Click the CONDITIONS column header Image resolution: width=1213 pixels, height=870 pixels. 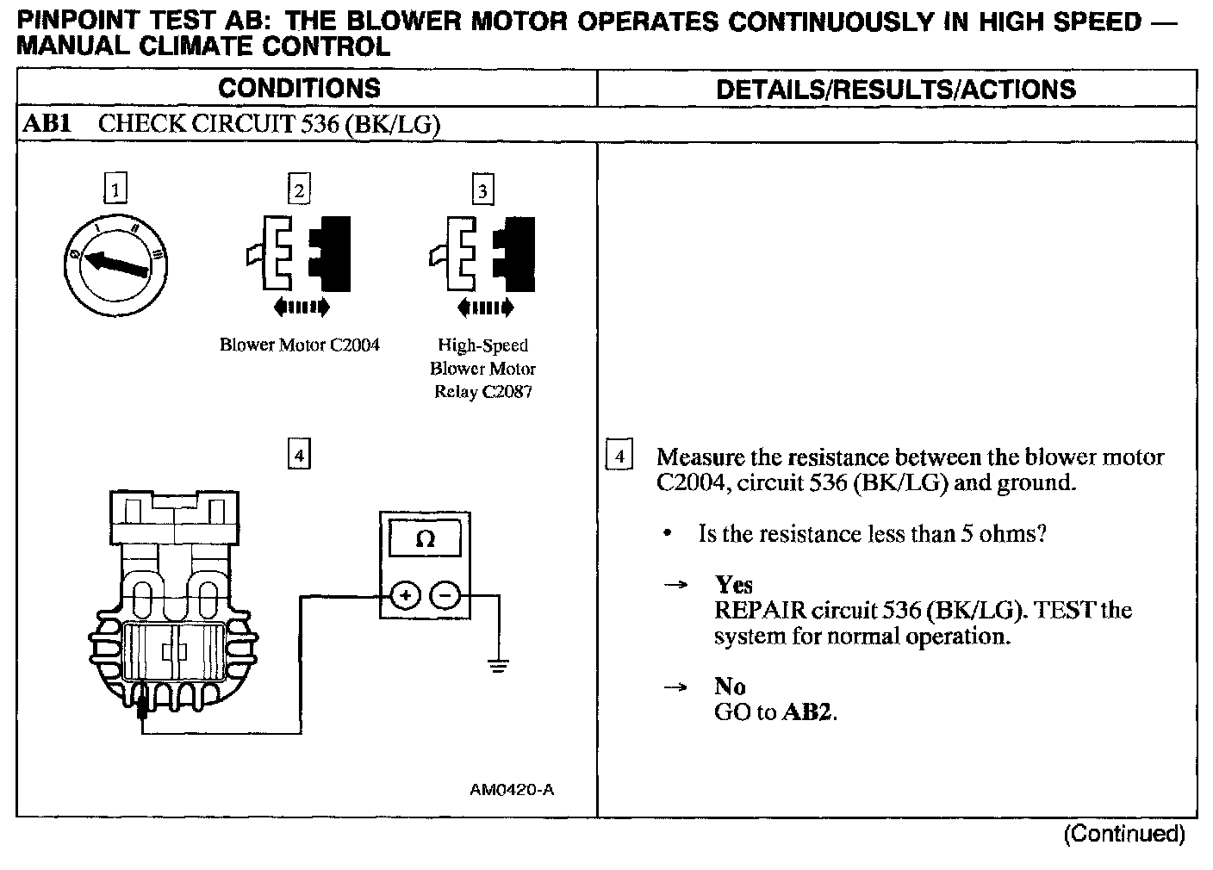click(299, 88)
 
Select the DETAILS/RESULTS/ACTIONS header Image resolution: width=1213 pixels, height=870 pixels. click(896, 89)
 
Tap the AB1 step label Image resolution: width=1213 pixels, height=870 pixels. click(47, 124)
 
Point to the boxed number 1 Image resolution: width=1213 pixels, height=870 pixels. click(115, 189)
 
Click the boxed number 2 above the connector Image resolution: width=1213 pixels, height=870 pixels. click(299, 190)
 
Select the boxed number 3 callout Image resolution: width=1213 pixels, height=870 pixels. click(482, 190)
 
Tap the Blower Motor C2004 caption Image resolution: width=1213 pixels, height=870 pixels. click(299, 345)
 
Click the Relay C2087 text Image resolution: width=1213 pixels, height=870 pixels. click(483, 392)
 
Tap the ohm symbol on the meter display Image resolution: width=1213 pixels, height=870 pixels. click(425, 539)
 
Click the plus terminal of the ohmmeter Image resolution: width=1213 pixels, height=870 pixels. click(406, 595)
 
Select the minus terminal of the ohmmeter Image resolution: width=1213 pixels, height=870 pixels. click(445, 595)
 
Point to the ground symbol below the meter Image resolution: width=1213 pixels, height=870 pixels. click(497, 665)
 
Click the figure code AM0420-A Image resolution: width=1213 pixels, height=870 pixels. click(512, 789)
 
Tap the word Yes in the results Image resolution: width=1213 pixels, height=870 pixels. click(734, 585)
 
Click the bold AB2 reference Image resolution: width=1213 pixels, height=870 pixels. click(808, 712)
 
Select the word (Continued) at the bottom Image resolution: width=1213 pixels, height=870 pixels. click(1124, 833)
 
